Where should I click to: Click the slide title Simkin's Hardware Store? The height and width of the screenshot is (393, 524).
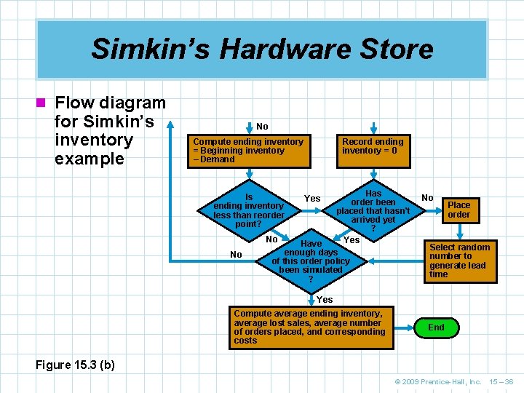coord(262,49)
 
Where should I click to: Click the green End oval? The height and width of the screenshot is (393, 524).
coord(436,327)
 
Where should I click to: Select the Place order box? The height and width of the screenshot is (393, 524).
coord(458,210)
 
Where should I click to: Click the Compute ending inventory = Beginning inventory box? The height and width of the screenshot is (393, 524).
coord(247,151)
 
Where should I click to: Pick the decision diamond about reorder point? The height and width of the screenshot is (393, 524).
coord(248,210)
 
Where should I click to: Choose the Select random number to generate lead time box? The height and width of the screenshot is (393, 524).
coord(459,261)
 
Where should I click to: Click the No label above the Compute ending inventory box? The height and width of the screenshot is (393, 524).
coord(262,127)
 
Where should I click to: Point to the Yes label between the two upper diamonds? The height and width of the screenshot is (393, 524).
coord(312,199)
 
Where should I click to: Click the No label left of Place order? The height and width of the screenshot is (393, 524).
coord(427,197)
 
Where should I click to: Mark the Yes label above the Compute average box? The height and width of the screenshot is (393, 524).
coord(325,299)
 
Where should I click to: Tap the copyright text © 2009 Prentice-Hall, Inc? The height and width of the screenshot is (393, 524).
coord(438,381)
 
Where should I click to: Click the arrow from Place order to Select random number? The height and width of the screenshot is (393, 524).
coord(458,231)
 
